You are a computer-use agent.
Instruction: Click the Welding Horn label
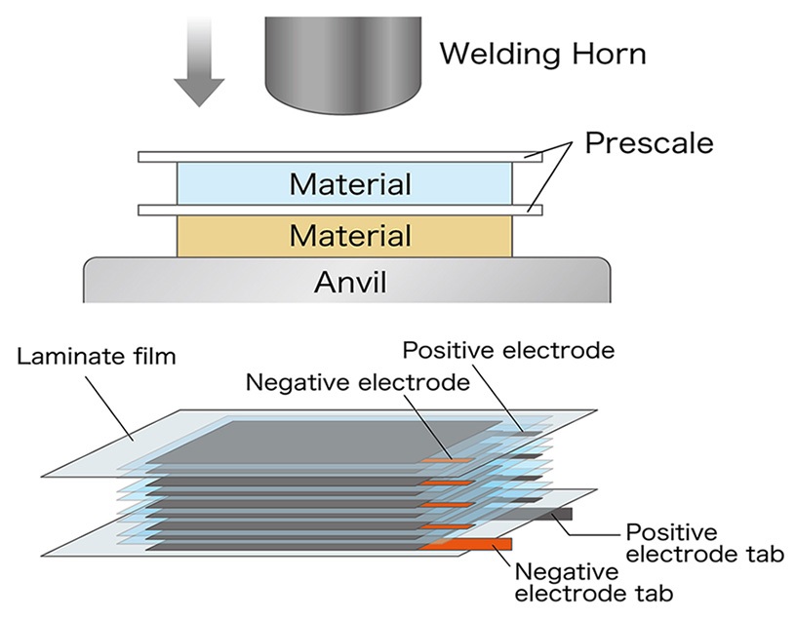tap(541, 53)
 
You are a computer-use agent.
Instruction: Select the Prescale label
tap(649, 143)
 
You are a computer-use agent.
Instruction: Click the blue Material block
tap(343, 183)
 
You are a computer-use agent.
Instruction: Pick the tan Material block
tap(343, 236)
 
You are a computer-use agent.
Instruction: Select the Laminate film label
tap(96, 357)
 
